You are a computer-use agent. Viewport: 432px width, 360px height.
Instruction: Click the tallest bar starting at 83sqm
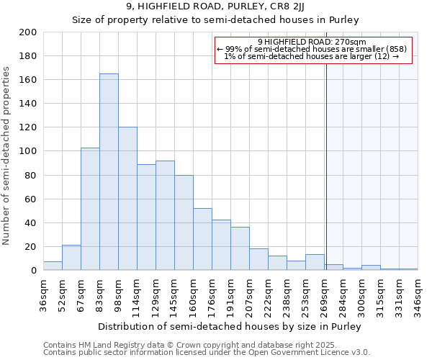pos(109,172)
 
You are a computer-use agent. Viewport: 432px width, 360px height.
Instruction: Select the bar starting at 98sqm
pos(127,199)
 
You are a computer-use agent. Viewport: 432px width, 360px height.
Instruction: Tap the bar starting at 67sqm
pos(90,209)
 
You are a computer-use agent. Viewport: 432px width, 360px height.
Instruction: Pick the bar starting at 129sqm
pos(165,215)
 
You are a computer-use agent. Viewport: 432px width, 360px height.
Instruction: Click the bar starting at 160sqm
pos(202,239)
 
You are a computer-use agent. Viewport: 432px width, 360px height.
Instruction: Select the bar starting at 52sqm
pos(71,258)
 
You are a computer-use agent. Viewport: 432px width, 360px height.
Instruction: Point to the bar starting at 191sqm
pos(240,248)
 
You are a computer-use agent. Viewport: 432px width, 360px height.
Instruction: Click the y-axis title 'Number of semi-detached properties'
pos(7,156)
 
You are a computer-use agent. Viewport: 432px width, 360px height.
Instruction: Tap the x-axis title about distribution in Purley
pos(229,326)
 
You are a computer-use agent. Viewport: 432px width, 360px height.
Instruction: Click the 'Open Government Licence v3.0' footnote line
pos(207,353)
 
